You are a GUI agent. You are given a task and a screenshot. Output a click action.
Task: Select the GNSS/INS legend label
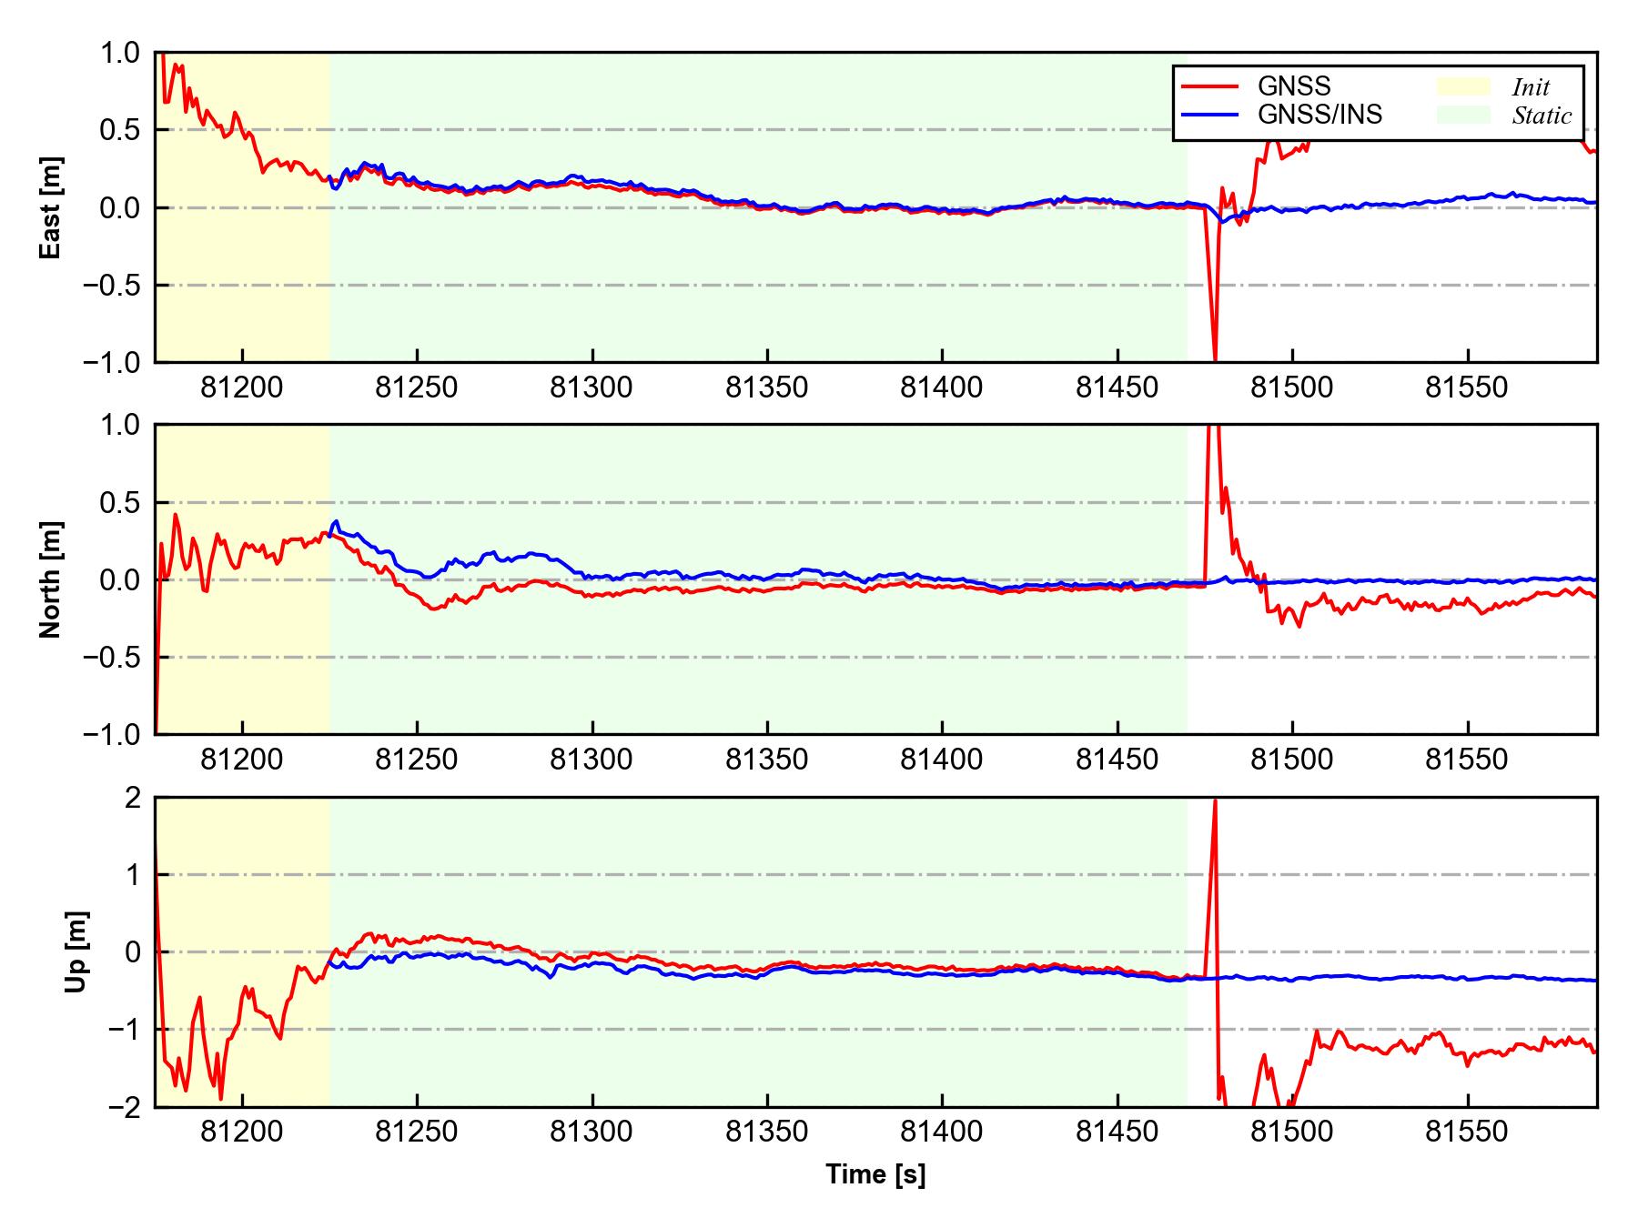pyautogui.click(x=1319, y=115)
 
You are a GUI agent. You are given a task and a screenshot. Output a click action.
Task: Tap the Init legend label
pyautogui.click(x=1531, y=87)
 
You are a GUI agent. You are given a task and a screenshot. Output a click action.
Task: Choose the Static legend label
pyautogui.click(x=1542, y=116)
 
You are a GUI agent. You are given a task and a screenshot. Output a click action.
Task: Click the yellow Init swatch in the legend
pyautogui.click(x=1463, y=86)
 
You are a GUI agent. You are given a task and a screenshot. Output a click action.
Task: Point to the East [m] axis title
pyautogui.click(x=52, y=207)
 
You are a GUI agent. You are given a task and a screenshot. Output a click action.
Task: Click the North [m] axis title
pyautogui.click(x=52, y=579)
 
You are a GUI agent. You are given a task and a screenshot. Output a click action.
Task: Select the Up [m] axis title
pyautogui.click(x=77, y=951)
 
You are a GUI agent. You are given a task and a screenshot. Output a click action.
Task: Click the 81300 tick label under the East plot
pyautogui.click(x=591, y=388)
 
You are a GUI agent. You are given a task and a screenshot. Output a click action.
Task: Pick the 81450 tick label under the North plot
pyautogui.click(x=1117, y=760)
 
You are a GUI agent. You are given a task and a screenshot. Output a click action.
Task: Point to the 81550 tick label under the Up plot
pyautogui.click(x=1466, y=1132)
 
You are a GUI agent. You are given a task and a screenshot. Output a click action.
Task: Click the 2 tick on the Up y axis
pyautogui.click(x=134, y=798)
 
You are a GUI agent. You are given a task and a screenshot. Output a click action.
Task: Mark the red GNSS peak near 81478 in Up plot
pyautogui.click(x=1215, y=801)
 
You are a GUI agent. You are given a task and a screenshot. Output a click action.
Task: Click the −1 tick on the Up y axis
pyautogui.click(x=126, y=1030)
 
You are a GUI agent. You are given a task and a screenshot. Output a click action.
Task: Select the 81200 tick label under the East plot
pyautogui.click(x=242, y=388)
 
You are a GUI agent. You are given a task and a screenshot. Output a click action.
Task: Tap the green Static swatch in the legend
pyautogui.click(x=1463, y=115)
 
